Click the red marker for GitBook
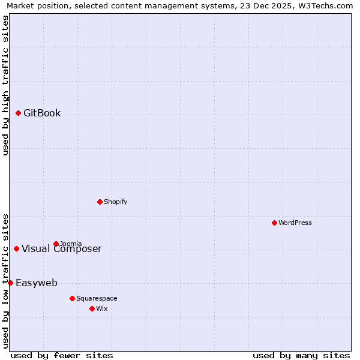[18, 113]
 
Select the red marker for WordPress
[274, 223]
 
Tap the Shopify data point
[100, 202]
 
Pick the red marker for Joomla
[56, 244]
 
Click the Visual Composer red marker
[16, 248]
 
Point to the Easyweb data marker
[10, 283]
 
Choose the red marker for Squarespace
[72, 298]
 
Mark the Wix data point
[92, 308]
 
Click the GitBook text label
[42, 113]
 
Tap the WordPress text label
[295, 223]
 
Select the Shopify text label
[115, 202]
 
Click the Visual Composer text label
[62, 249]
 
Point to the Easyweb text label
[37, 283]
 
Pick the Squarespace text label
[97, 298]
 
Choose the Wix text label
[101, 308]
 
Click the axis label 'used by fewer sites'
[62, 355]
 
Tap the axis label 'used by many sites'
[301, 355]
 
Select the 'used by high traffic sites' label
[5, 85]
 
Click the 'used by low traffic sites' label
[5, 280]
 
